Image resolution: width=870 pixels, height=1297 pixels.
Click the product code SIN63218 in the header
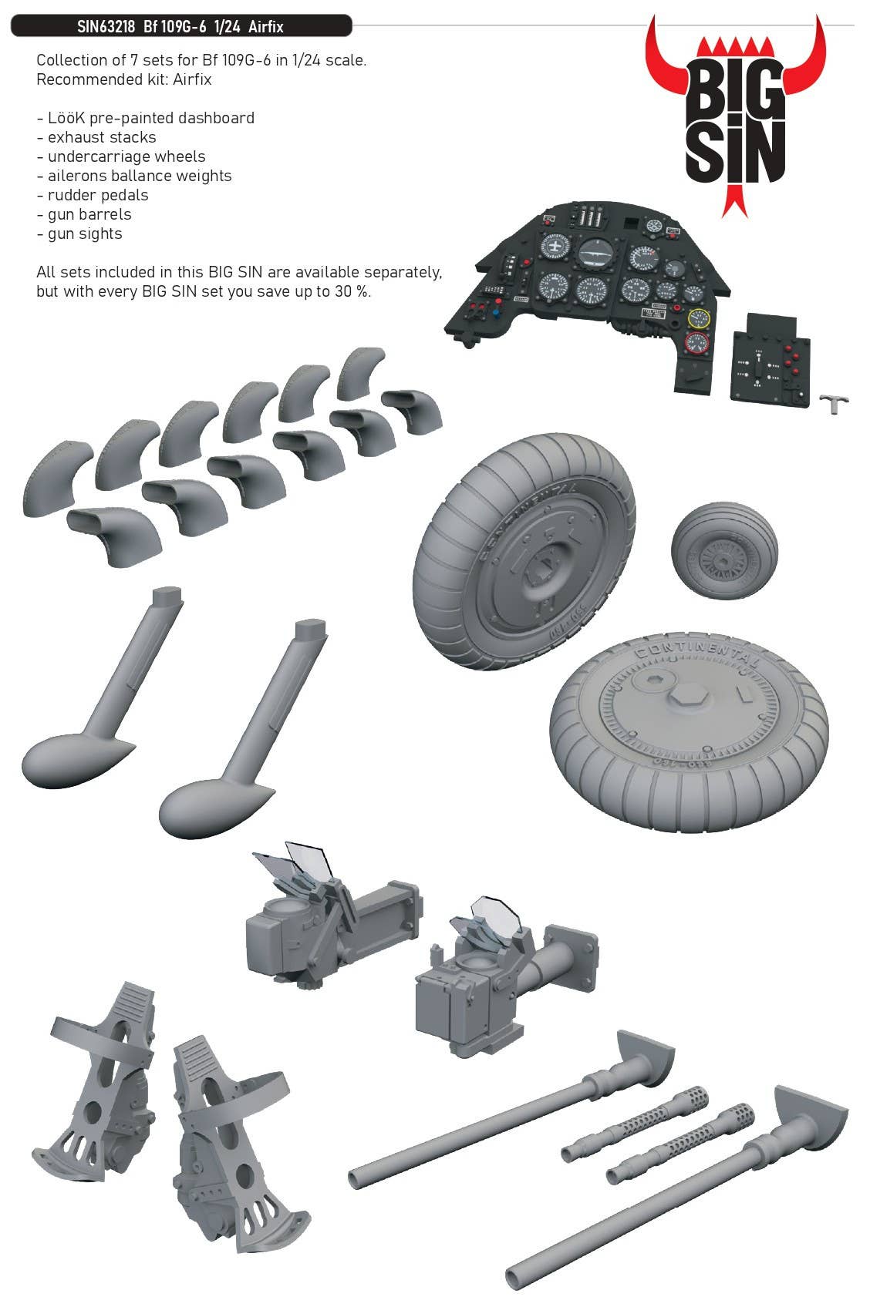(x=106, y=27)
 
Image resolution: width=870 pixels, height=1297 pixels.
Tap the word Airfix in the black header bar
(x=266, y=27)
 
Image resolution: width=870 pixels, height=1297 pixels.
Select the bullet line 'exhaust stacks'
(x=96, y=137)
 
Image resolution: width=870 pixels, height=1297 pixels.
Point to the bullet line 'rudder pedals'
(x=93, y=195)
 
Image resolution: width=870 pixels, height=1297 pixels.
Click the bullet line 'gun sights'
(x=79, y=234)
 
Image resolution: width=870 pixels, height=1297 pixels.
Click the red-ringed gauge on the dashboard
(x=696, y=343)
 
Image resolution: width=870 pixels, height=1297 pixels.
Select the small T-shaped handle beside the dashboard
(x=835, y=403)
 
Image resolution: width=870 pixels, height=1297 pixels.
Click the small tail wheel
(x=724, y=551)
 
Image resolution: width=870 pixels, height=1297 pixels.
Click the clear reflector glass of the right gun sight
(x=494, y=913)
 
